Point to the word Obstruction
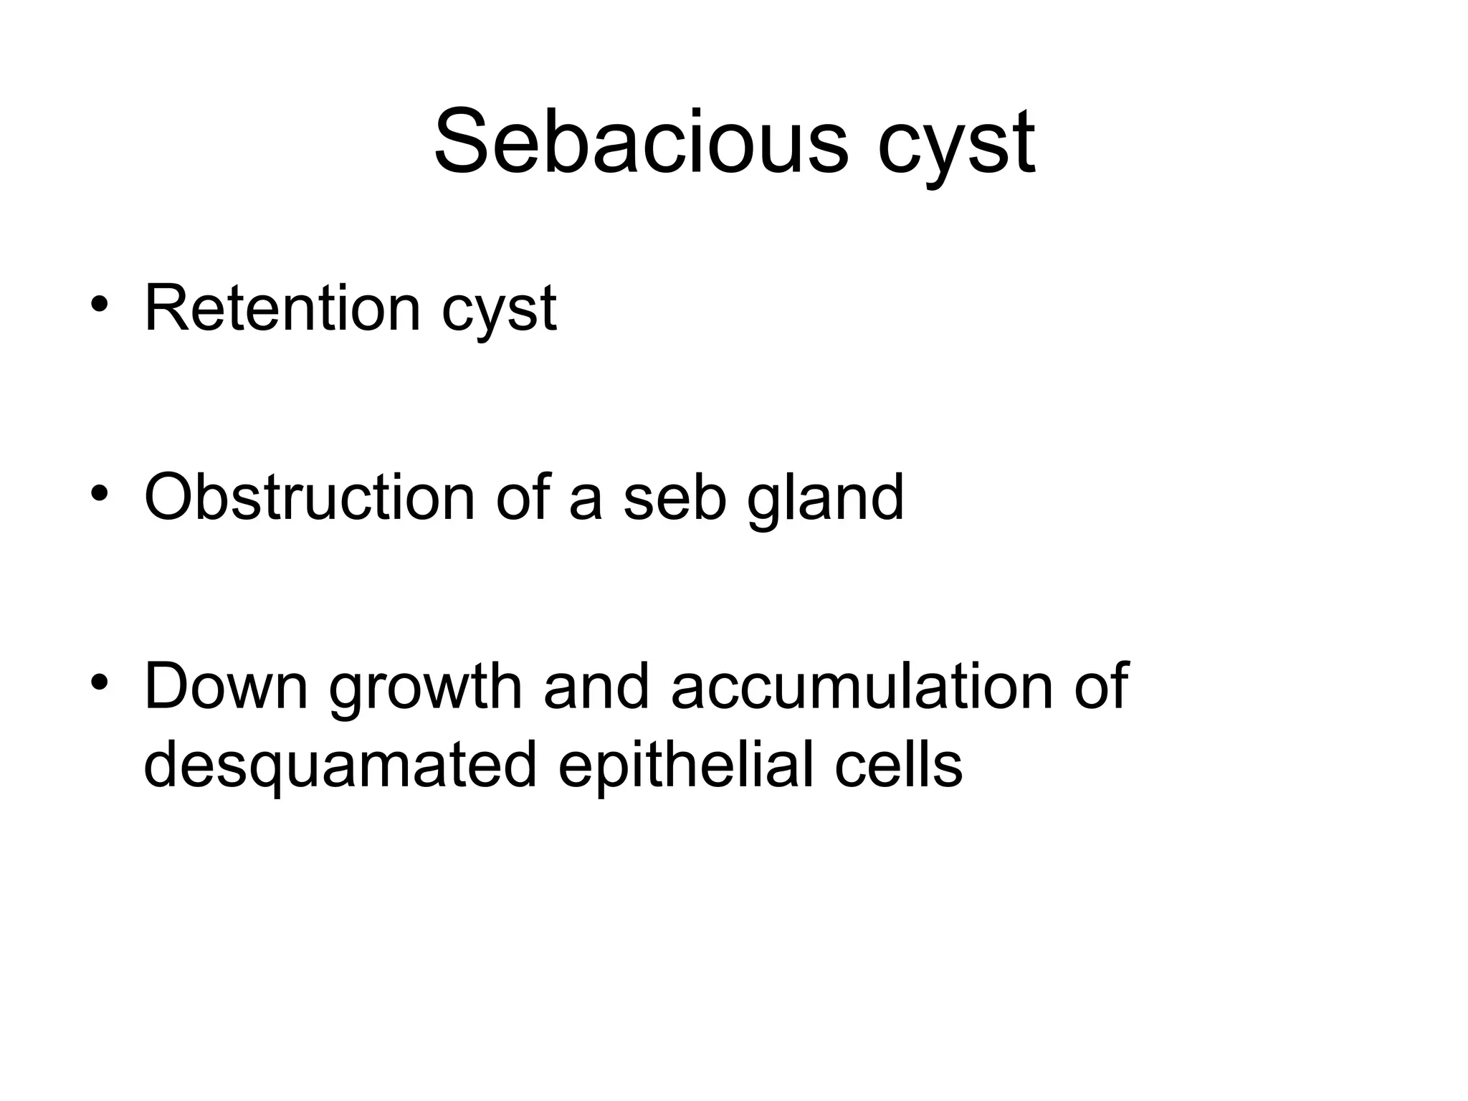310,497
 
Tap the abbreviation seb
675,497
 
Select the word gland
825,500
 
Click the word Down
226,686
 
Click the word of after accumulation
1101,686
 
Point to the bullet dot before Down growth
99,681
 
